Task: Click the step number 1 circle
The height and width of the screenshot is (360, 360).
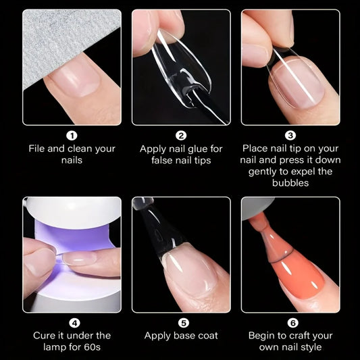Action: coord(72,136)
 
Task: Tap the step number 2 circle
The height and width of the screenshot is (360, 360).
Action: coord(181,136)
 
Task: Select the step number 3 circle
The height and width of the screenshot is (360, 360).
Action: coord(290,136)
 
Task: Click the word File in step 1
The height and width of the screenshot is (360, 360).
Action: coord(38,149)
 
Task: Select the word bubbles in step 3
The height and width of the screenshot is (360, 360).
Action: coord(290,183)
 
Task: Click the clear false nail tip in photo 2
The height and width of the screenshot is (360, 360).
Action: coord(179,68)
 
